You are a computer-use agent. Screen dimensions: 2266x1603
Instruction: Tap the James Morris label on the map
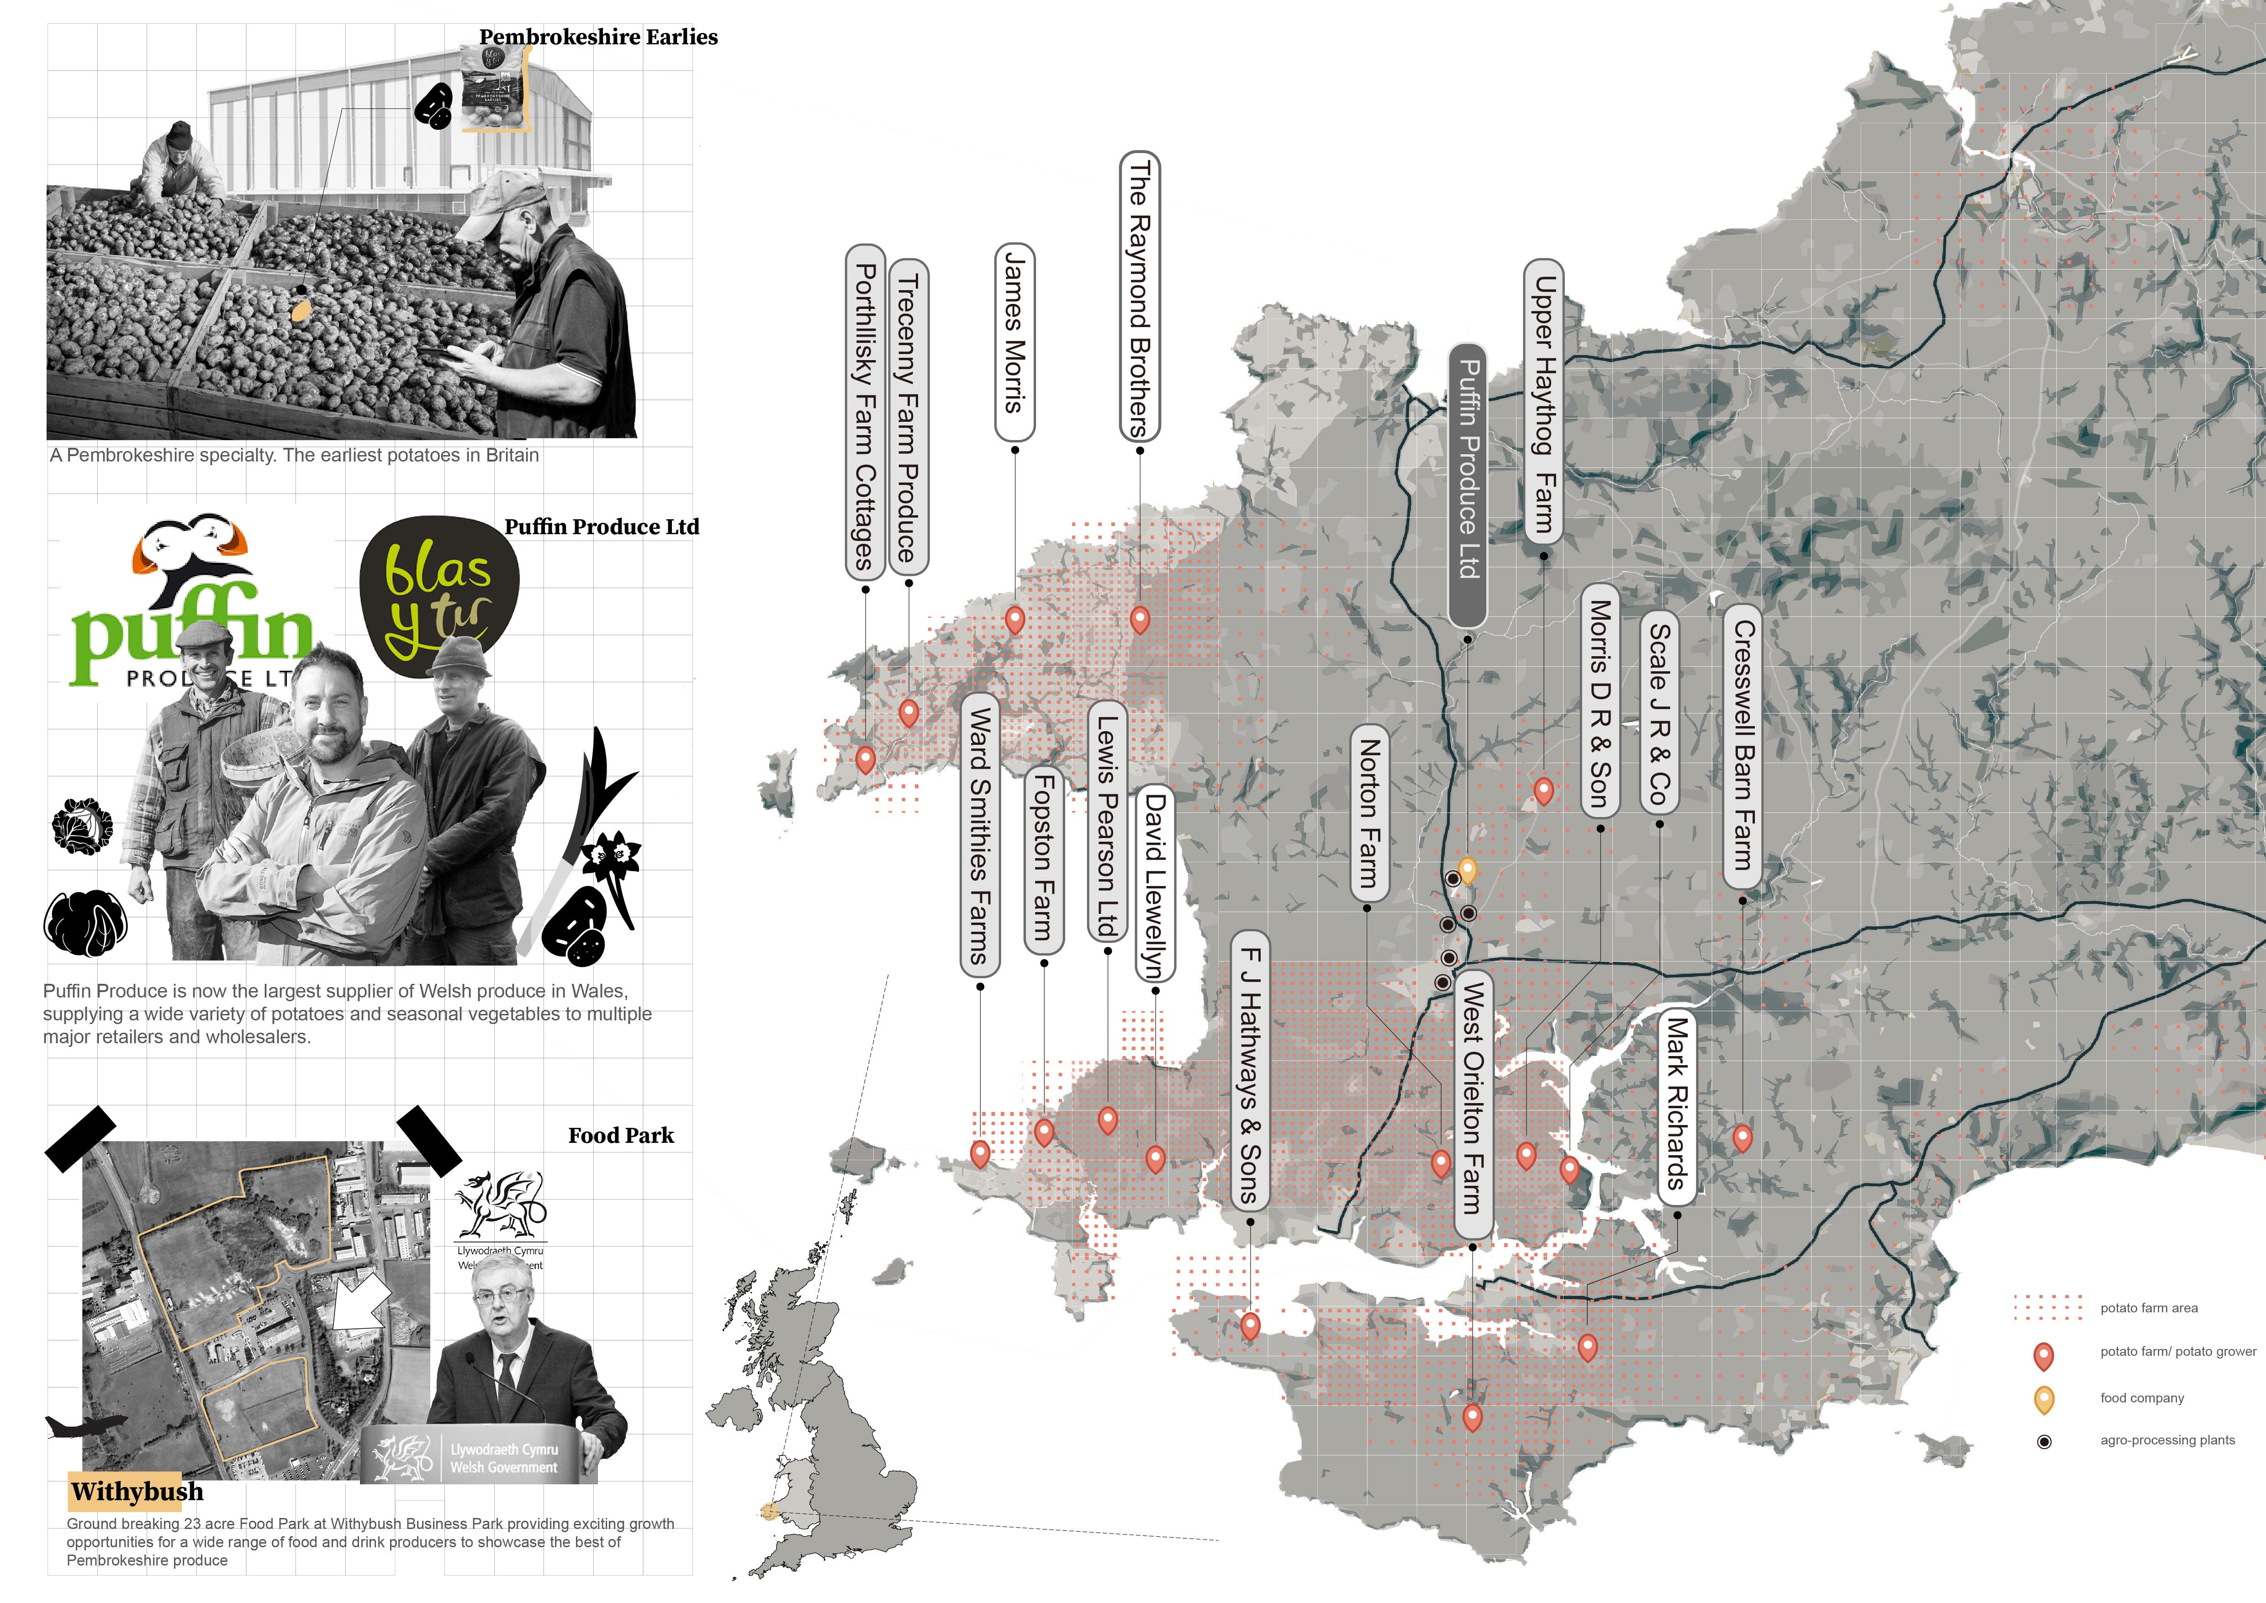[1014, 341]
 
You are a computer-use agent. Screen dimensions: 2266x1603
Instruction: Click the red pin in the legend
[2044, 1355]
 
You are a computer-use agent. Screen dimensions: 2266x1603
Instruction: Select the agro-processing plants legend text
[2167, 1440]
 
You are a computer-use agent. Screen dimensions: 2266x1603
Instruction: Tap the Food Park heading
[621, 1135]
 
